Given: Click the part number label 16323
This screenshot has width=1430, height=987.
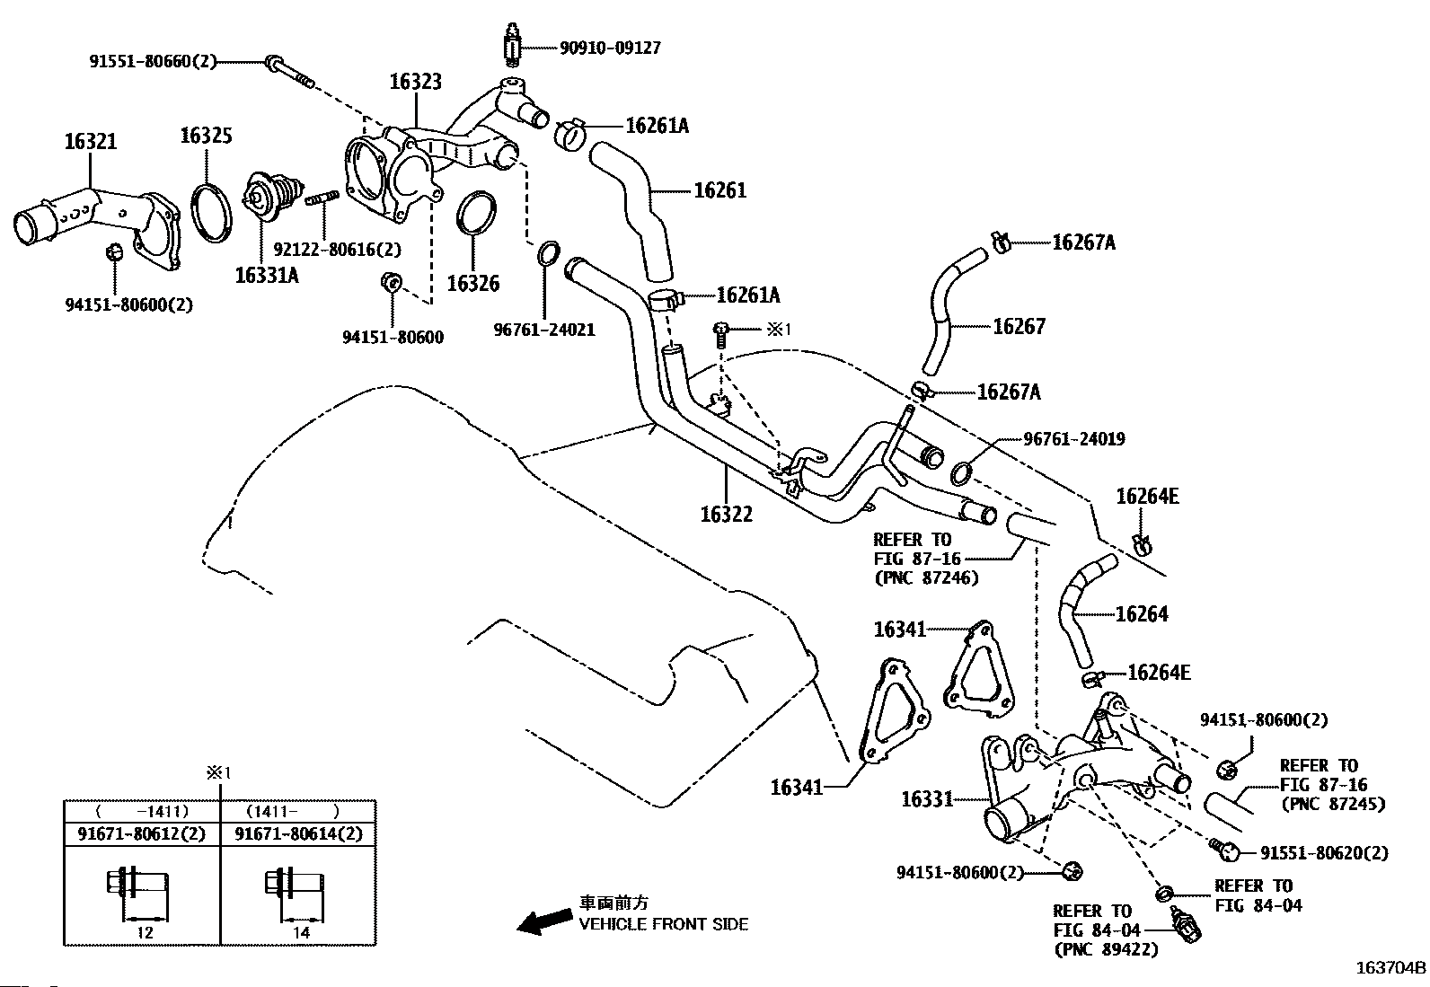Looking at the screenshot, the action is (416, 82).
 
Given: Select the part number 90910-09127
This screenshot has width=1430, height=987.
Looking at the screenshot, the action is (610, 48).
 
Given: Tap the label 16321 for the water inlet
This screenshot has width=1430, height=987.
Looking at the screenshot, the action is (91, 141).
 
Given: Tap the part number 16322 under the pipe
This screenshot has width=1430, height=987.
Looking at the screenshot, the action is (727, 514).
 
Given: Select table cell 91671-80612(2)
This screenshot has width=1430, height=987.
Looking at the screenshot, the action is (142, 834).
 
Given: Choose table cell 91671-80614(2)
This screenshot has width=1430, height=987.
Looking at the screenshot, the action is (299, 834).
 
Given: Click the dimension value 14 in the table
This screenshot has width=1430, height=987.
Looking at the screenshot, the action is (301, 932).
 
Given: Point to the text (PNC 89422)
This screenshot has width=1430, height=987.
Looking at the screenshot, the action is (1107, 949).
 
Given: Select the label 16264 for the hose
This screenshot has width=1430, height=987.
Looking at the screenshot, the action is (1142, 614).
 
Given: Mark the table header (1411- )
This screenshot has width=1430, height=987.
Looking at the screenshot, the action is (294, 812).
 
